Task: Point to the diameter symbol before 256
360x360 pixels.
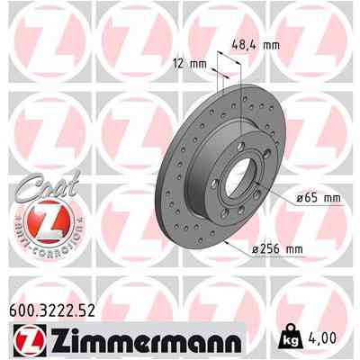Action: pos(257,248)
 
